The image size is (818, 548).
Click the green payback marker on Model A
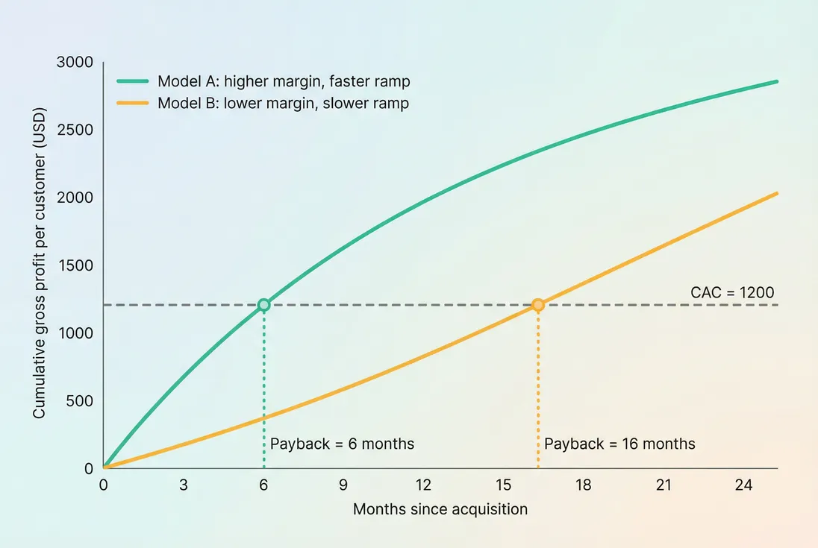click(x=263, y=305)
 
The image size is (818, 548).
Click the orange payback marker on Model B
click(x=537, y=305)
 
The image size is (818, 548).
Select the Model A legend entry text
click(x=284, y=81)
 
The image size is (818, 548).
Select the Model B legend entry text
click(x=283, y=103)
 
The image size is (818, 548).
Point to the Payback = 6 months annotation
click(x=342, y=444)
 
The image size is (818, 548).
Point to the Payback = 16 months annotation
click(x=619, y=444)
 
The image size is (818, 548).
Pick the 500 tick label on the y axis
click(x=78, y=401)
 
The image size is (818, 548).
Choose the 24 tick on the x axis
click(x=743, y=485)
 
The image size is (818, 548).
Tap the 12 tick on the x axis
click(x=423, y=485)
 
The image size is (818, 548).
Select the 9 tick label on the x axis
click(x=343, y=485)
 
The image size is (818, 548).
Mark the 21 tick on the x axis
click(x=664, y=485)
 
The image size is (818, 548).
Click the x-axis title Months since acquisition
click(x=440, y=509)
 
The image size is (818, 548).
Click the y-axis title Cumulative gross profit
click(x=40, y=264)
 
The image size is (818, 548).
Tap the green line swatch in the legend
click(x=133, y=81)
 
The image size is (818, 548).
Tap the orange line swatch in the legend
click(x=133, y=103)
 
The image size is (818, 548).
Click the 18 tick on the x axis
click(x=583, y=485)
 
